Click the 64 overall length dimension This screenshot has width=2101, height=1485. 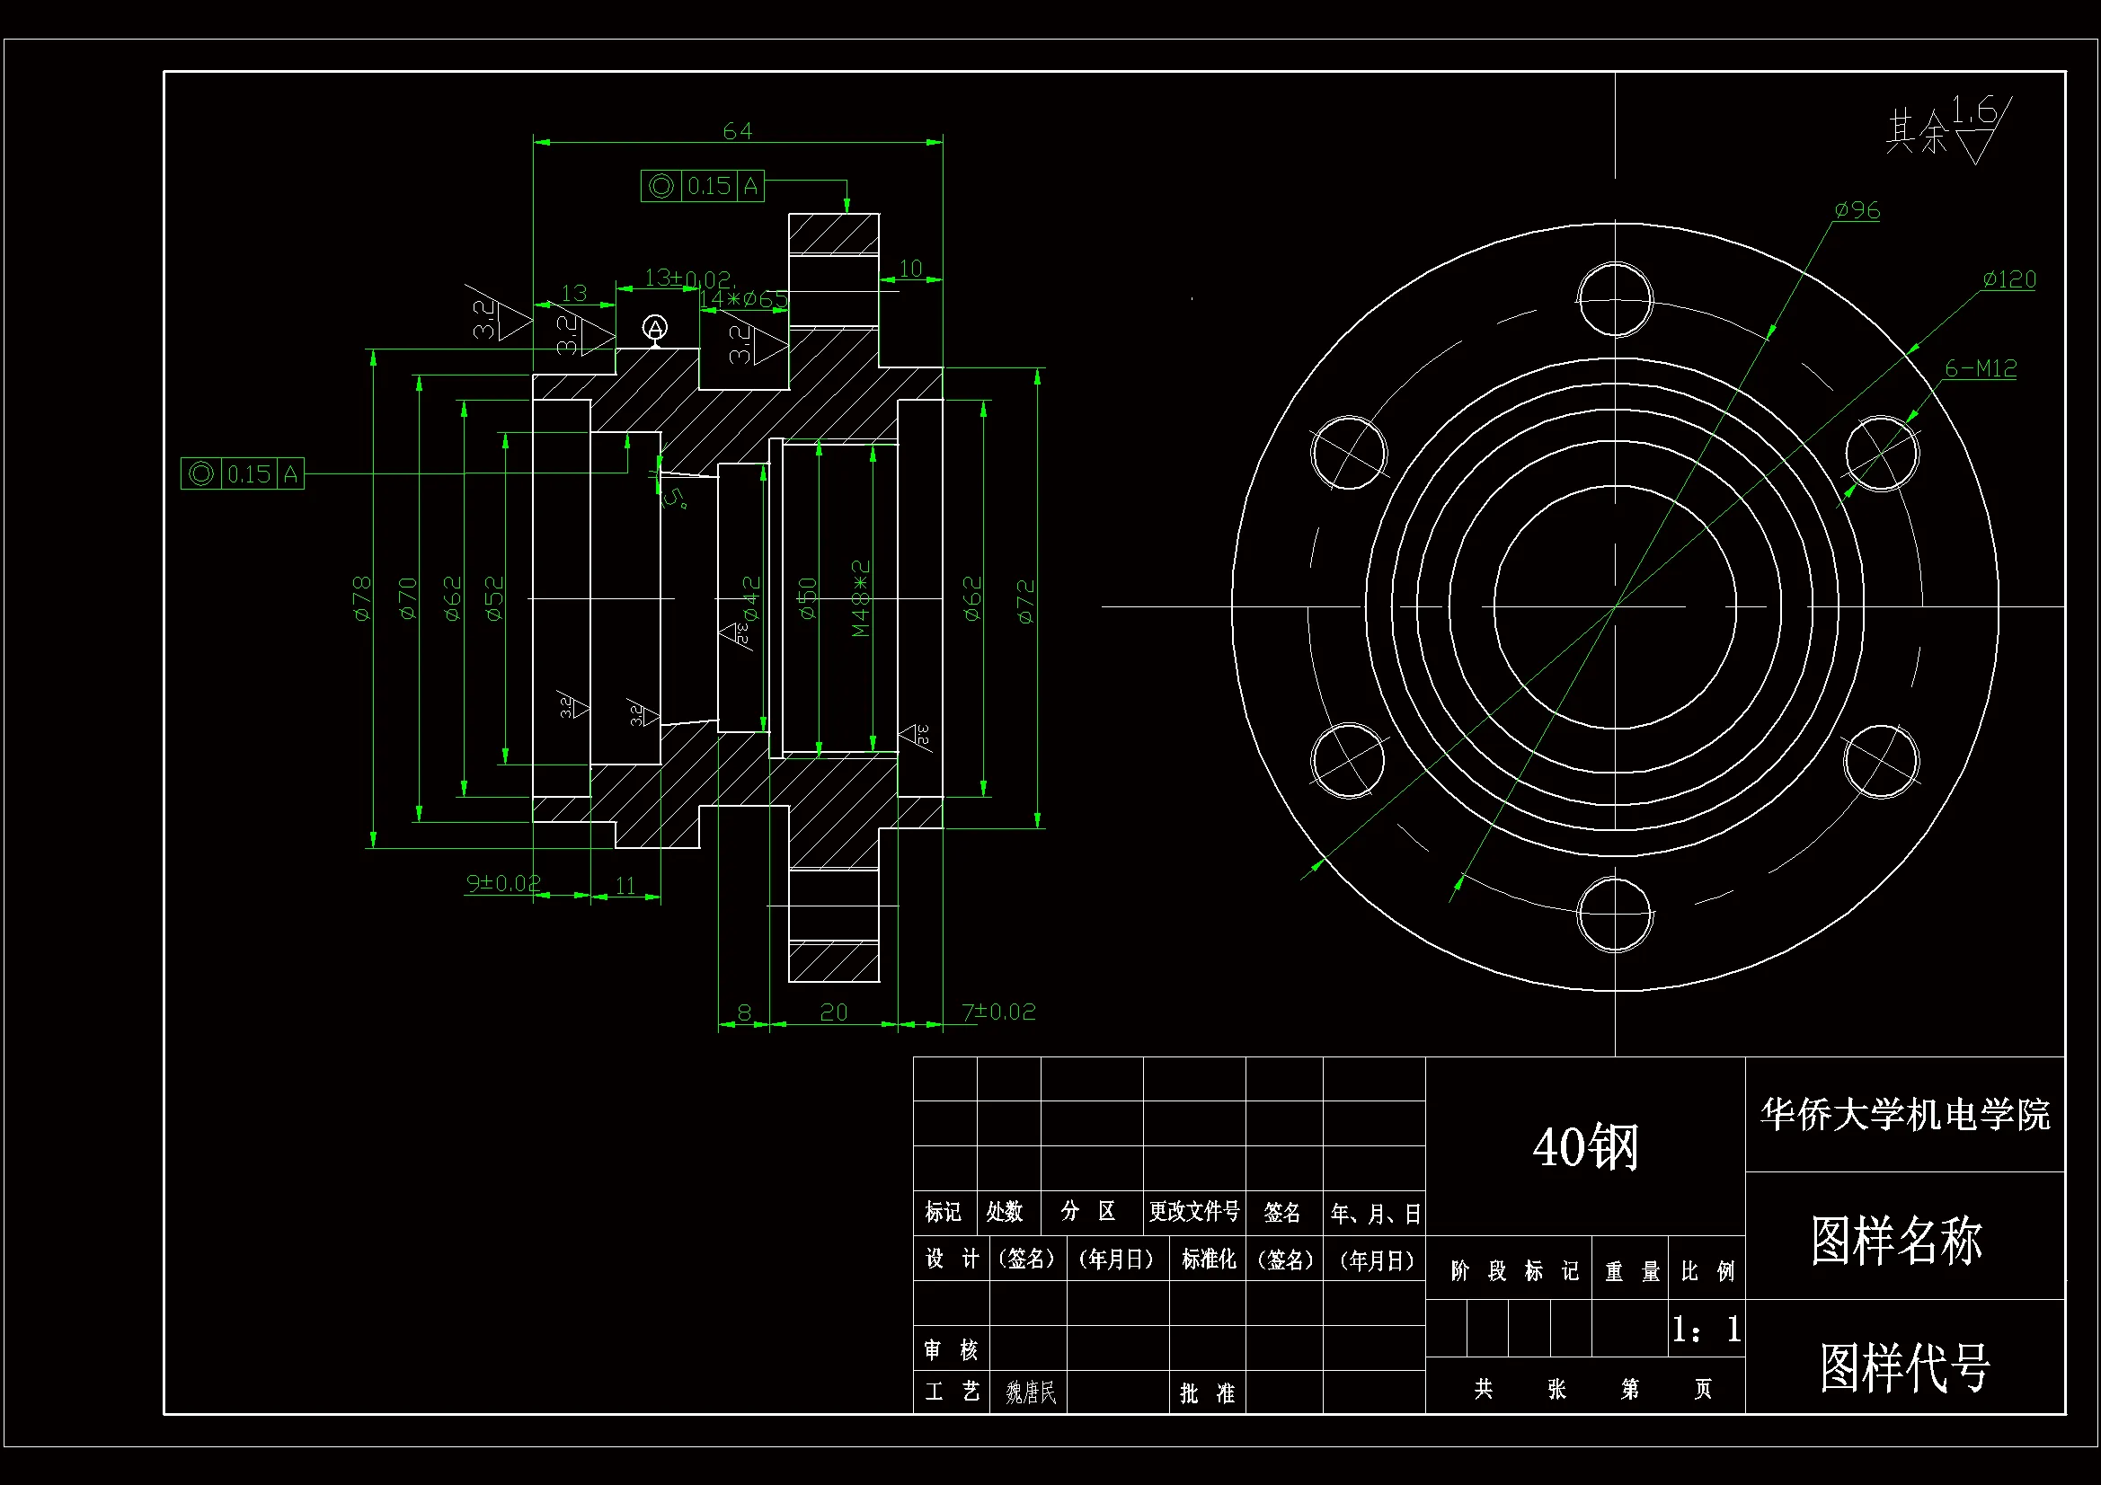737,132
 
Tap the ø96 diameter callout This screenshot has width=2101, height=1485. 1856,210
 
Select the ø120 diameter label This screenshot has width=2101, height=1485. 2008,279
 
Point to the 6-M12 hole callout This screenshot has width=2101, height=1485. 1981,368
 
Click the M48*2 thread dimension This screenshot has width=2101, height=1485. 860,598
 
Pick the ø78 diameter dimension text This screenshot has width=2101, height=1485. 362,598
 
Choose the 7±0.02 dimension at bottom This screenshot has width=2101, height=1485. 998,1012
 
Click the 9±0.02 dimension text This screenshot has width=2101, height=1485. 502,883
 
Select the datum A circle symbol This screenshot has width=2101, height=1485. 654,328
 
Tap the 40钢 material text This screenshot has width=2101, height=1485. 1585,1147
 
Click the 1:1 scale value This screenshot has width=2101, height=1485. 1706,1329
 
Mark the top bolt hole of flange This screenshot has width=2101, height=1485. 1614,299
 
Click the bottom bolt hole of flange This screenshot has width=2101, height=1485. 1614,914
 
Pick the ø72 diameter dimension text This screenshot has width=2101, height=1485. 1026,601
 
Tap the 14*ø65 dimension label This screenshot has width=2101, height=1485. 742,299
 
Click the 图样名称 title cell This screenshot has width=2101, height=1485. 1896,1241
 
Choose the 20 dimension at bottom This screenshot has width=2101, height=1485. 833,1012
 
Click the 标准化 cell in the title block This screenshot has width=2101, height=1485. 1208,1260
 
